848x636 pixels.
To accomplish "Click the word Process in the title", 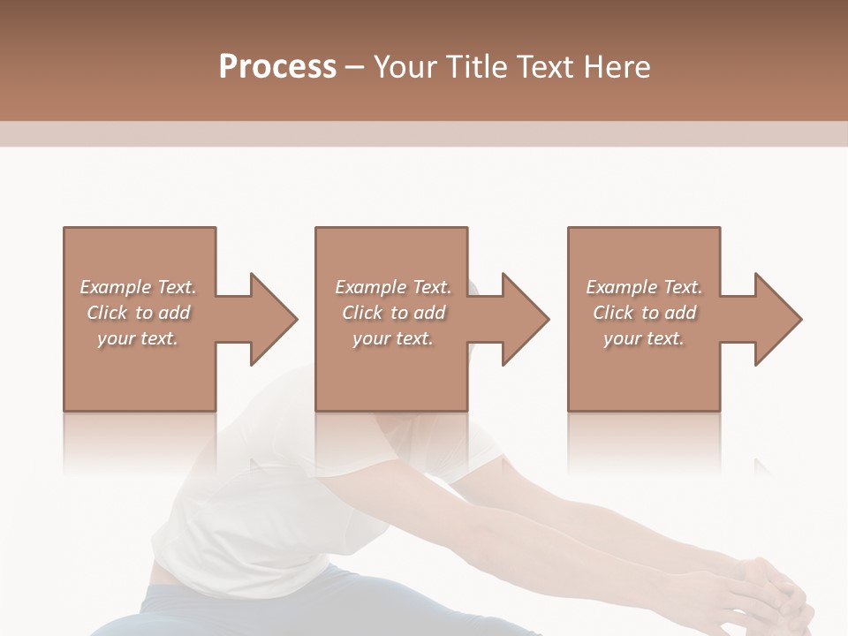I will (x=277, y=67).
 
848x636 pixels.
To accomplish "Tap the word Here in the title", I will (x=616, y=67).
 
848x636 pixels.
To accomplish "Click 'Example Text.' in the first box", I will (x=138, y=287).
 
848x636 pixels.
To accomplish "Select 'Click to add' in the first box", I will (x=138, y=313).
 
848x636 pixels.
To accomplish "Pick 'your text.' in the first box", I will (x=138, y=338).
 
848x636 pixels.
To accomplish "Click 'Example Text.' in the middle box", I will (x=393, y=287).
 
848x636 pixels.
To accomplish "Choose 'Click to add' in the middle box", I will (x=393, y=313).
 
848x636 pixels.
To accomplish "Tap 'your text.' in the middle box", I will (x=393, y=338).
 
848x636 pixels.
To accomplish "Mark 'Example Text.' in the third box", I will (x=644, y=287).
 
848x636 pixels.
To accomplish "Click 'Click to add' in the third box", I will (x=644, y=313).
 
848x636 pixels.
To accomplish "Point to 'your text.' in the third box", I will (x=644, y=338).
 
